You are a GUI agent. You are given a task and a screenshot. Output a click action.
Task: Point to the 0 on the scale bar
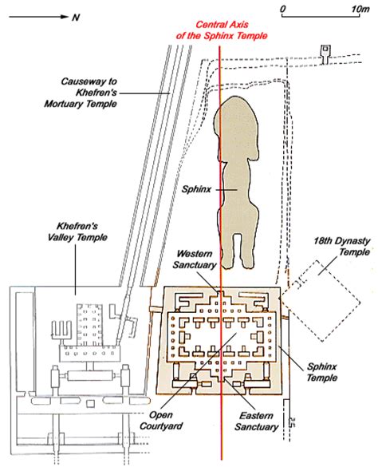(x=285, y=8)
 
